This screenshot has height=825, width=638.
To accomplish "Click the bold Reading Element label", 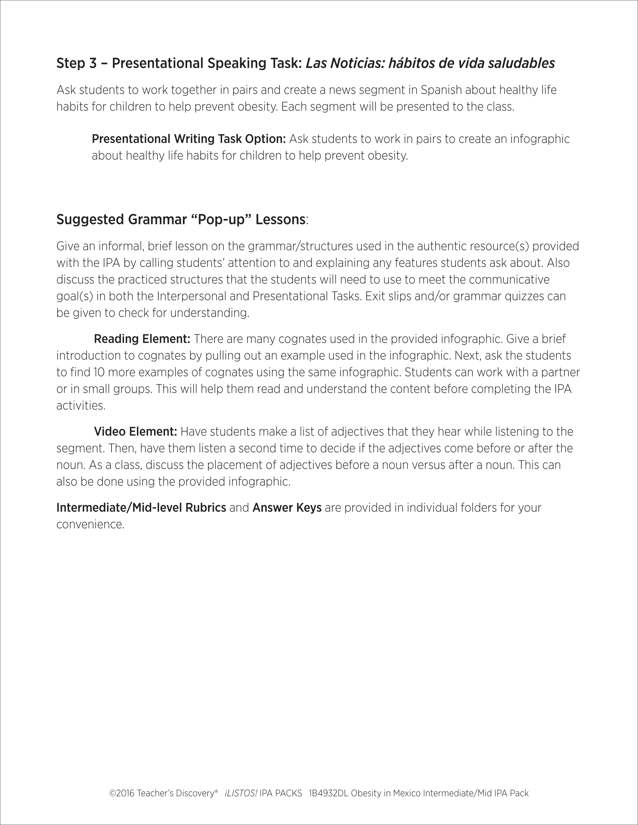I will pos(142,339).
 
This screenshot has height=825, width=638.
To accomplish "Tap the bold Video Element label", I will pos(135,431).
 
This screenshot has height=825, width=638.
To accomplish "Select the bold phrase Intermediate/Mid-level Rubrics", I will pos(141,508).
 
